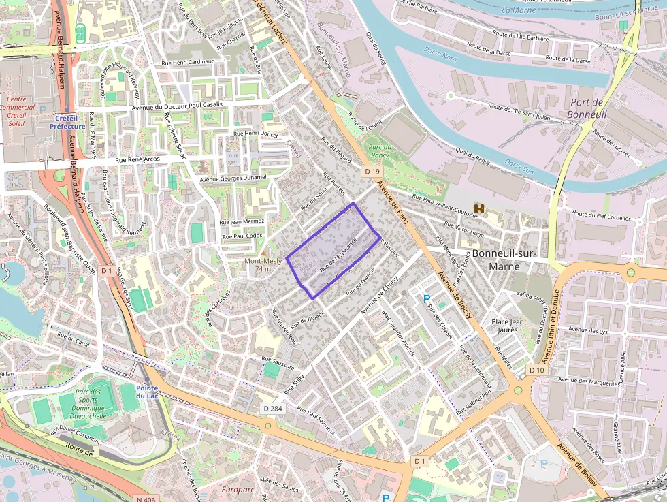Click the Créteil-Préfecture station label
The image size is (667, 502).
coord(67,122)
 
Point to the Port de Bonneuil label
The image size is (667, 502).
coord(587,108)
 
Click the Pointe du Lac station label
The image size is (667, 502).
coord(147,392)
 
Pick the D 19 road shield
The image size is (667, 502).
coord(372,172)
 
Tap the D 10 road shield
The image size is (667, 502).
coord(536,369)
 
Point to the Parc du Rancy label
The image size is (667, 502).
coord(379,151)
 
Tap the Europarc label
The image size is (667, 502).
coord(238,489)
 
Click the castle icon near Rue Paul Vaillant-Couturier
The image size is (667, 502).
coord(479,208)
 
